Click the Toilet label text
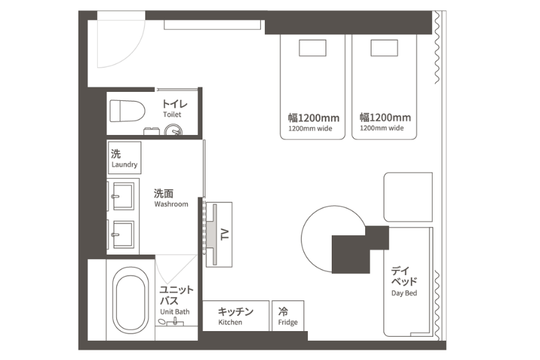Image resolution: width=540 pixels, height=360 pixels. [x=172, y=114]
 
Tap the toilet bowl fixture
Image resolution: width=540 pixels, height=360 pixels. [x=127, y=111]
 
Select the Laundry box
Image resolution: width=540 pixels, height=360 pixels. [x=124, y=157]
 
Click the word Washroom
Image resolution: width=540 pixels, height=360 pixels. [x=171, y=204]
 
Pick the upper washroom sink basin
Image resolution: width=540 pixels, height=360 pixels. [x=123, y=196]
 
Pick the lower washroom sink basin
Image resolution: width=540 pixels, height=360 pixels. [x=123, y=234]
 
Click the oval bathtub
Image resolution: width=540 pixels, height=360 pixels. [x=130, y=300]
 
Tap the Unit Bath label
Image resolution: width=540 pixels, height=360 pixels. [x=175, y=312]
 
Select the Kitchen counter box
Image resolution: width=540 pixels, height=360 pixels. [x=235, y=316]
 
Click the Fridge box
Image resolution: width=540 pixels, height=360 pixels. [x=288, y=316]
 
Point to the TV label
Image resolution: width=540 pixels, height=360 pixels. [x=224, y=235]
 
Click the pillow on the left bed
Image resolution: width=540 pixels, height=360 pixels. [x=312, y=48]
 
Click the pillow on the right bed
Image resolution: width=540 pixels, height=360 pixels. [x=384, y=48]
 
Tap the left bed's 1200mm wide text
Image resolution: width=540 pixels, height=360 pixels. [x=310, y=129]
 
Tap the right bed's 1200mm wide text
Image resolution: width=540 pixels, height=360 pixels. [x=382, y=128]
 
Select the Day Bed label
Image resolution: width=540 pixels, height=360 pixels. [x=404, y=293]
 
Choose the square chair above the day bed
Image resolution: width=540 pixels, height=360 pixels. [x=408, y=197]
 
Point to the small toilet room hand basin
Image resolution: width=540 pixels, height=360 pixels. [x=173, y=130]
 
